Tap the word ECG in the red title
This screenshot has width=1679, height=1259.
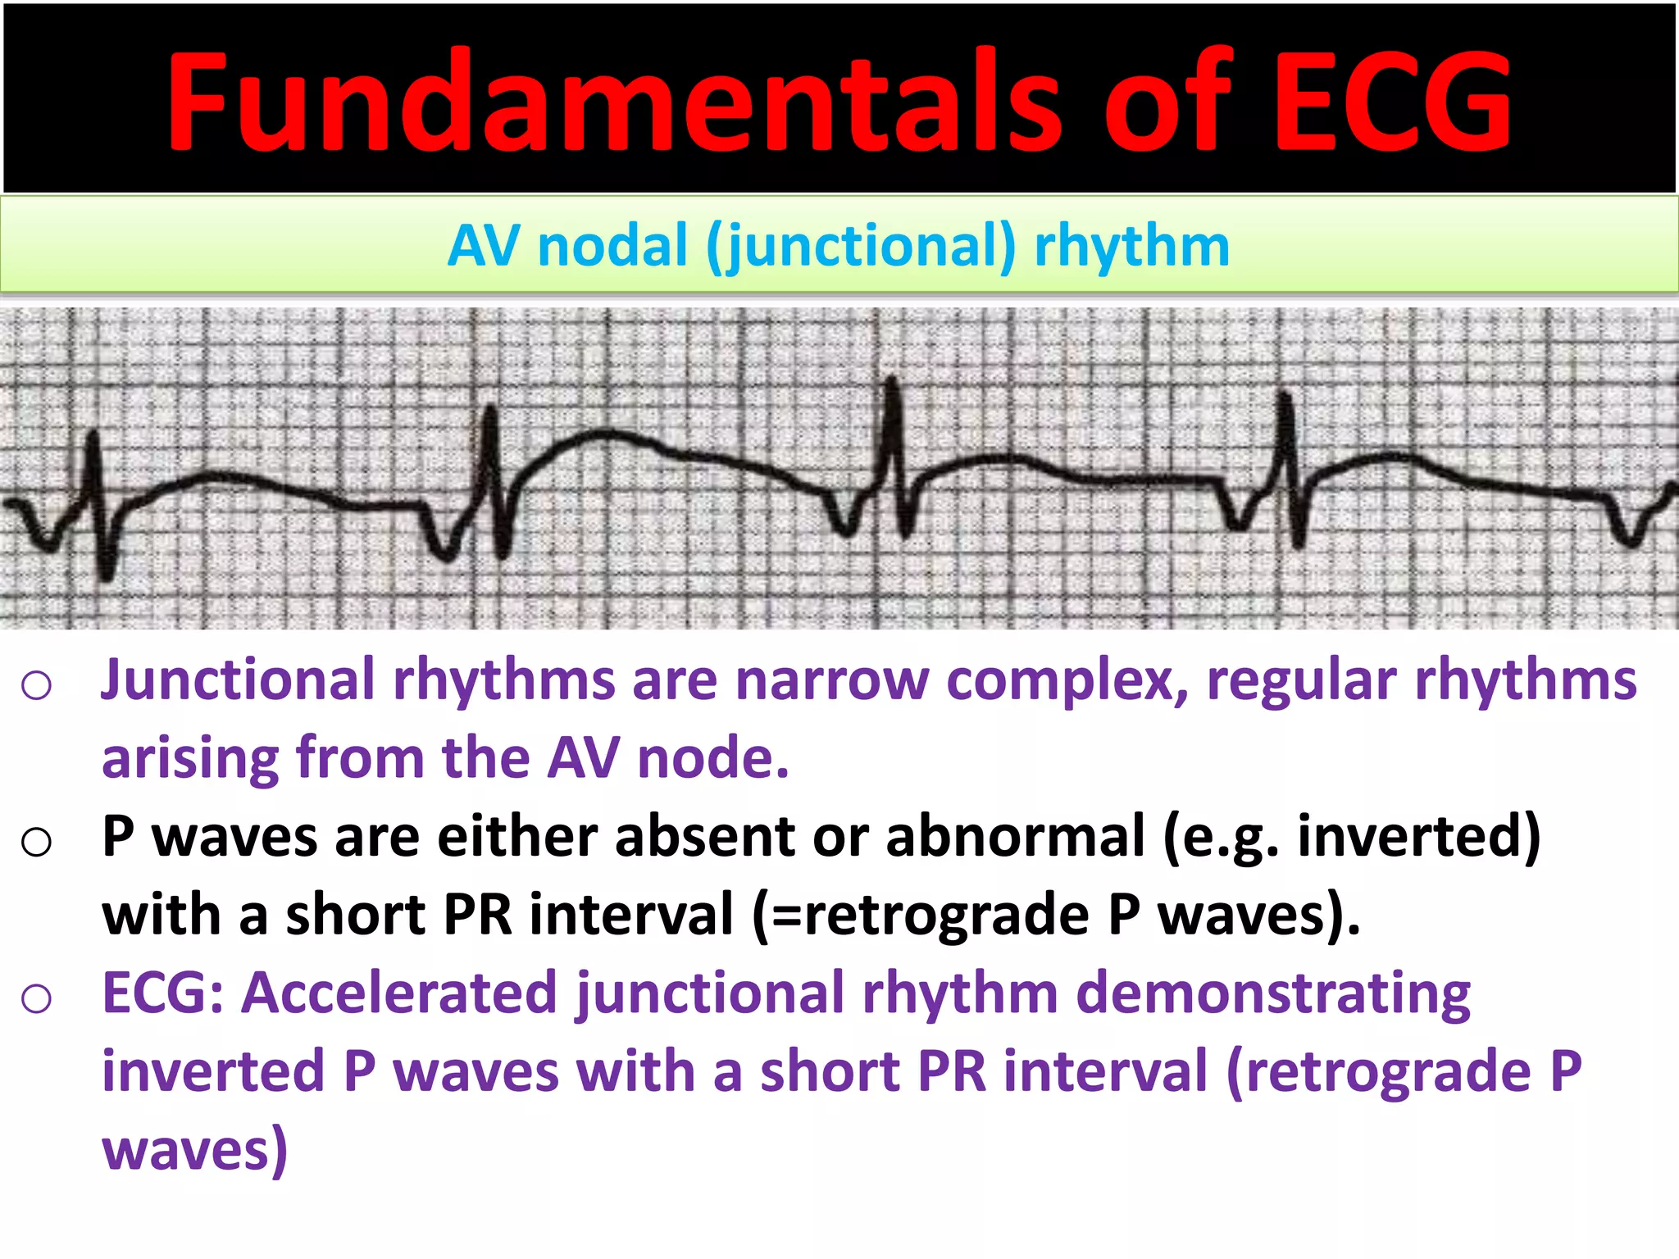point(1392,102)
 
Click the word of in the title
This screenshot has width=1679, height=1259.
point(1168,102)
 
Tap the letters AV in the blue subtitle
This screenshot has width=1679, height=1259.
point(484,246)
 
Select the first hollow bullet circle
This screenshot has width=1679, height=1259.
point(37,684)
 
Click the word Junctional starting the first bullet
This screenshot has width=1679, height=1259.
point(238,680)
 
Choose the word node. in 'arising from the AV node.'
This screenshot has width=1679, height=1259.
point(712,758)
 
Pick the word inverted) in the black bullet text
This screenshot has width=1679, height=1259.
point(1419,837)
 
